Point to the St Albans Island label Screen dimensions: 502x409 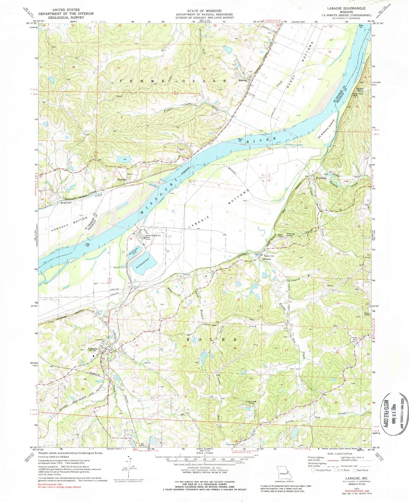[x=326, y=129]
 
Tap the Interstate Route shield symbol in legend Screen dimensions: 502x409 [x=313, y=470]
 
